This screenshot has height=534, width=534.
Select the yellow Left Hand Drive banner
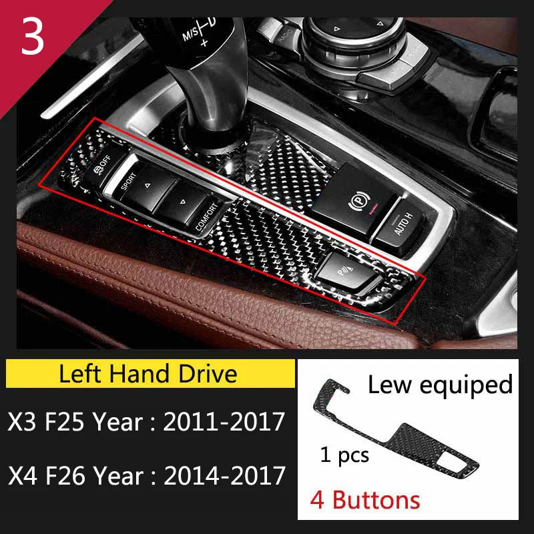click(148, 372)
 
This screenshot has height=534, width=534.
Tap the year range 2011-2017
click(224, 421)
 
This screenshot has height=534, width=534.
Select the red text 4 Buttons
click(366, 500)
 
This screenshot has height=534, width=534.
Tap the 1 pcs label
click(344, 456)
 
